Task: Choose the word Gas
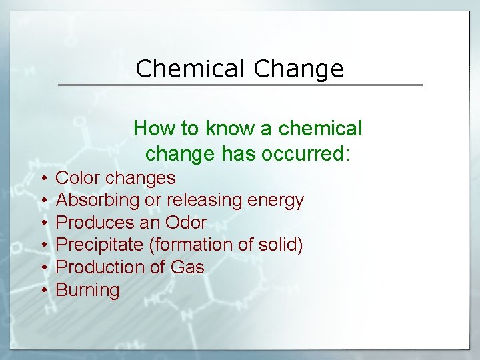187,267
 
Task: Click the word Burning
87,291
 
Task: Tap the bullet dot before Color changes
42,179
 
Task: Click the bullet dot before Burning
42,291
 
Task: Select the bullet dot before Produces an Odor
42,223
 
